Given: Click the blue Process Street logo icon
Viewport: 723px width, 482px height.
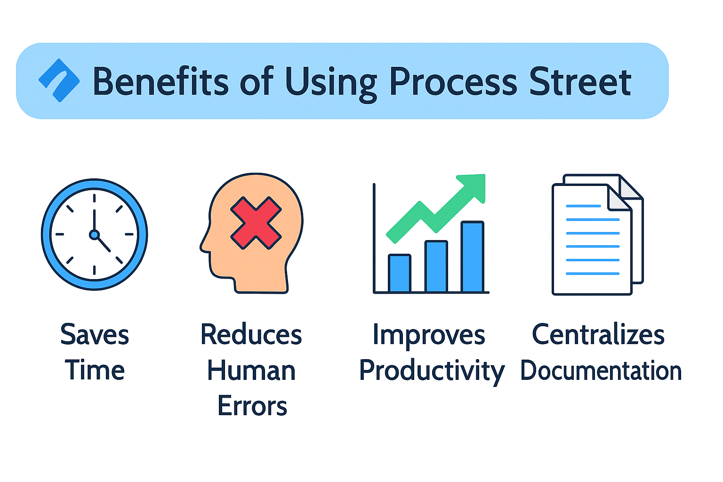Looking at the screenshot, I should pos(59,80).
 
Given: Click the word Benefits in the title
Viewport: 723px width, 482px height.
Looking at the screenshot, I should pos(161,81).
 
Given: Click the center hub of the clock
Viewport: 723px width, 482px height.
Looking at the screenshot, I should pos(94,234).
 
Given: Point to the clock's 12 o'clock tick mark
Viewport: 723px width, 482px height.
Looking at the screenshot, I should pos(94,198).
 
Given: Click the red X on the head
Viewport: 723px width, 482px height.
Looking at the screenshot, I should pos(256,223).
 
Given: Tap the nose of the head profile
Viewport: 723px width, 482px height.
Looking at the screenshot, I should pos(203,245).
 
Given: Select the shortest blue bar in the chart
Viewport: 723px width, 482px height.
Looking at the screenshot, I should pos(399,273).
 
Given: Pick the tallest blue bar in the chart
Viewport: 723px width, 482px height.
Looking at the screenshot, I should pos(473,257).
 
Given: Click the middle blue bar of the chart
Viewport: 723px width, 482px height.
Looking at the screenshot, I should pos(436,266).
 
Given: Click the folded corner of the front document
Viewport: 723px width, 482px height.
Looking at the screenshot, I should pos(618,198).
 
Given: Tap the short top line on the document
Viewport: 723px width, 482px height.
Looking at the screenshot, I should pos(583,206).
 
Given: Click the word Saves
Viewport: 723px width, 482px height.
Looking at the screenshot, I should pos(95,335).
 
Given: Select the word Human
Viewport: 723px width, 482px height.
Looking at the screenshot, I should pos(251,370).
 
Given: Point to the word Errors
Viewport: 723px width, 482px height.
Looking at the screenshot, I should pos(252,406).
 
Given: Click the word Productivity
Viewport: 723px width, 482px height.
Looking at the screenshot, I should pos(432,370).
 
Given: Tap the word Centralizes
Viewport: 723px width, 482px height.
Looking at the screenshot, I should pos(598,335).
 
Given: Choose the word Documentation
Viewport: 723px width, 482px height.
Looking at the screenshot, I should pos(601,370).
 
